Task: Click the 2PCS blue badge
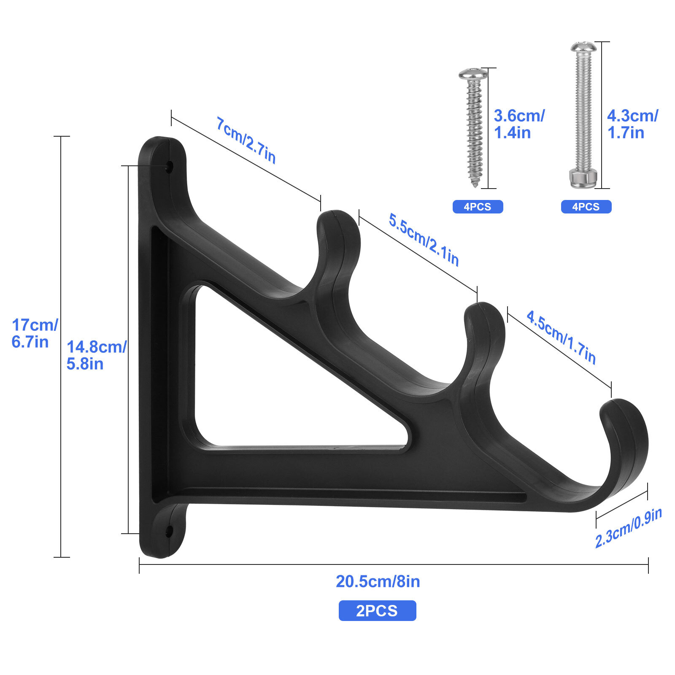click(377, 610)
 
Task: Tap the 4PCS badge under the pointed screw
click(478, 207)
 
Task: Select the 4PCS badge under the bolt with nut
click(586, 207)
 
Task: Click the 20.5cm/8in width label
click(378, 581)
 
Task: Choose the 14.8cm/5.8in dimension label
click(96, 355)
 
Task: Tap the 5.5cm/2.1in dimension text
click(424, 240)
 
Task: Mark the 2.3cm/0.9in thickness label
click(628, 528)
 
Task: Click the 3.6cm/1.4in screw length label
click(519, 124)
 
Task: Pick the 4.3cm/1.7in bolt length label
click(632, 124)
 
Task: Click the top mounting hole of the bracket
click(170, 167)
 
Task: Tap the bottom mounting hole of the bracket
click(169, 532)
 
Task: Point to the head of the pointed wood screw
click(473, 74)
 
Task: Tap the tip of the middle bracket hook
click(484, 310)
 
